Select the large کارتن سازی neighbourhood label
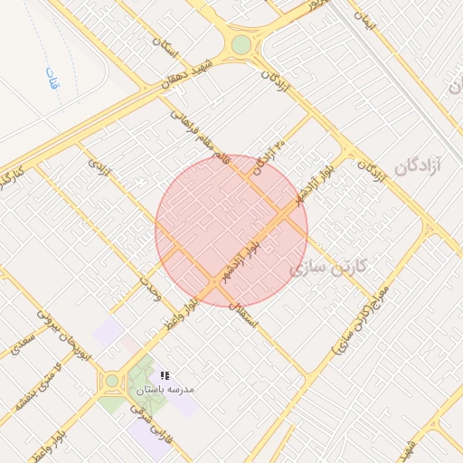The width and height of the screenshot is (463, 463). [x=327, y=266]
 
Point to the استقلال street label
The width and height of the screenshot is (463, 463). [x=245, y=314]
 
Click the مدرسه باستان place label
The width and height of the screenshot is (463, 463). [x=165, y=390]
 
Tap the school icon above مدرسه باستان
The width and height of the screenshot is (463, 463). [x=165, y=375]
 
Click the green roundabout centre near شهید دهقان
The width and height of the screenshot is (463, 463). [x=241, y=44]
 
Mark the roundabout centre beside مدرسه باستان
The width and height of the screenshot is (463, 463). [x=112, y=382]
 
